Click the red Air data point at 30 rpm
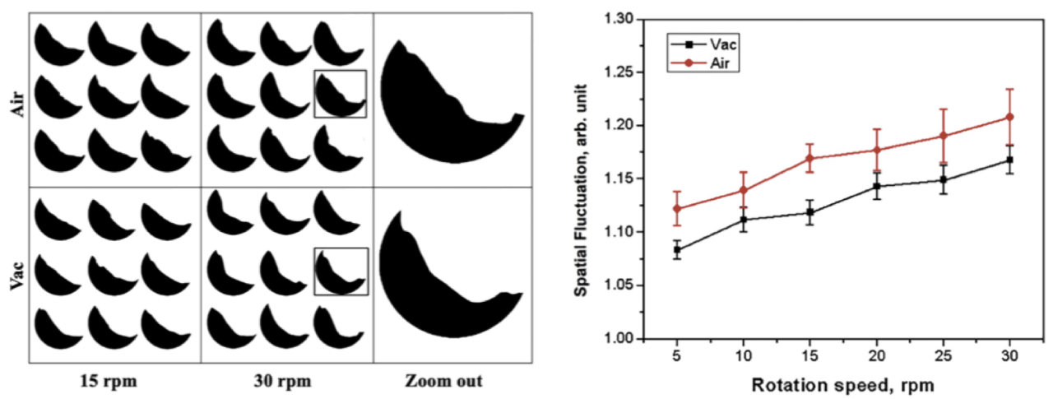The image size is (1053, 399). (1010, 117)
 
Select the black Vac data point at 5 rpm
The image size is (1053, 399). (677, 250)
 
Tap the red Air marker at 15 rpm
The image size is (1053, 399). (810, 158)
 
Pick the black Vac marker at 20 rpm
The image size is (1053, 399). (877, 187)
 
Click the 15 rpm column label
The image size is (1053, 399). (115, 382)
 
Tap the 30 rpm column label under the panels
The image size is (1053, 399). (287, 382)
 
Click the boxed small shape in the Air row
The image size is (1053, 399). (340, 95)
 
